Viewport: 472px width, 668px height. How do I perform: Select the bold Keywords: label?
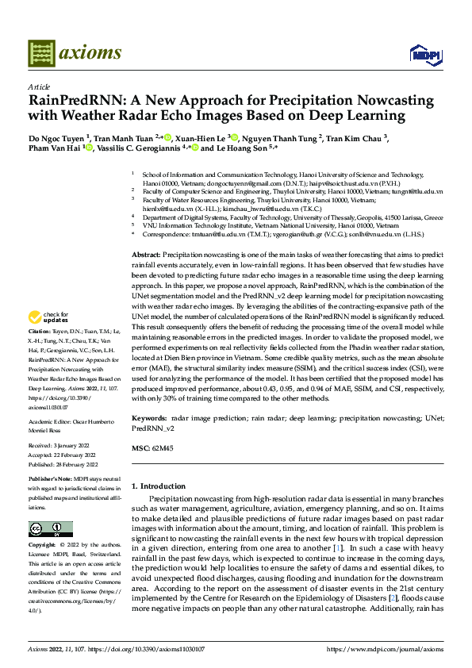(150, 417)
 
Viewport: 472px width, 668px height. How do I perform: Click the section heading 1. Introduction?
(162, 486)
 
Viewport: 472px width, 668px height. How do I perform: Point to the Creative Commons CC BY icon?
(51, 529)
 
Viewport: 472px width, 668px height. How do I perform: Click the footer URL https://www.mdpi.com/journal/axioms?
(384, 649)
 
